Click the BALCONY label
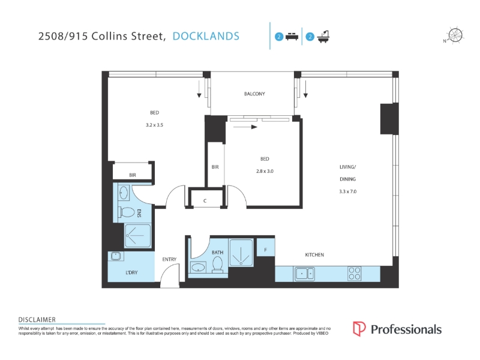click(254, 94)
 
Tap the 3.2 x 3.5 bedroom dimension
click(154, 125)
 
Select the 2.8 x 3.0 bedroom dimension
click(265, 171)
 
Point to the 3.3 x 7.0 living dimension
click(348, 191)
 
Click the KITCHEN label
click(314, 254)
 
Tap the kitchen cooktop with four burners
click(355, 274)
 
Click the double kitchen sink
click(305, 274)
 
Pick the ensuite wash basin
click(124, 193)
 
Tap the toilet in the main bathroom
click(217, 265)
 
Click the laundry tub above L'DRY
click(116, 256)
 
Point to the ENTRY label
click(169, 259)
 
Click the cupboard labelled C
click(205, 199)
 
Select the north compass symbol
click(455, 35)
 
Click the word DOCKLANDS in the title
click(206, 36)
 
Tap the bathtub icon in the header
click(323, 37)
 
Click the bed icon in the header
click(292, 37)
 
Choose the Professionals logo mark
click(359, 329)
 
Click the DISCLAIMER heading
click(37, 320)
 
